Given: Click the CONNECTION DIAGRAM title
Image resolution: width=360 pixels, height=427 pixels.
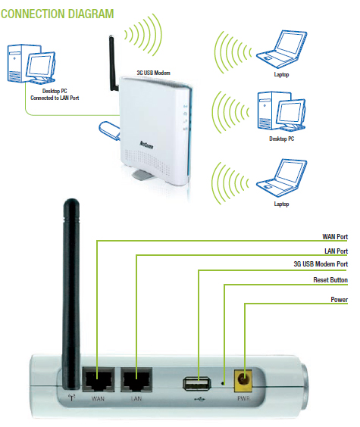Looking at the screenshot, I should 58,14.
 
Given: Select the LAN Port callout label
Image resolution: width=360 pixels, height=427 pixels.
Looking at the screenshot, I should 334,251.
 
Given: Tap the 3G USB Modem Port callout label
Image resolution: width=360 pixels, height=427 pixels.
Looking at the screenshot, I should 321,264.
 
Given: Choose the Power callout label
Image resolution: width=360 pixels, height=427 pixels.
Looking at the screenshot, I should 339,300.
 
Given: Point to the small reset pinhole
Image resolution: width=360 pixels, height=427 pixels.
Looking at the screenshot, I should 224,384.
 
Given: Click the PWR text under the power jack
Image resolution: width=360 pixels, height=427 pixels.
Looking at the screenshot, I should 244,398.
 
